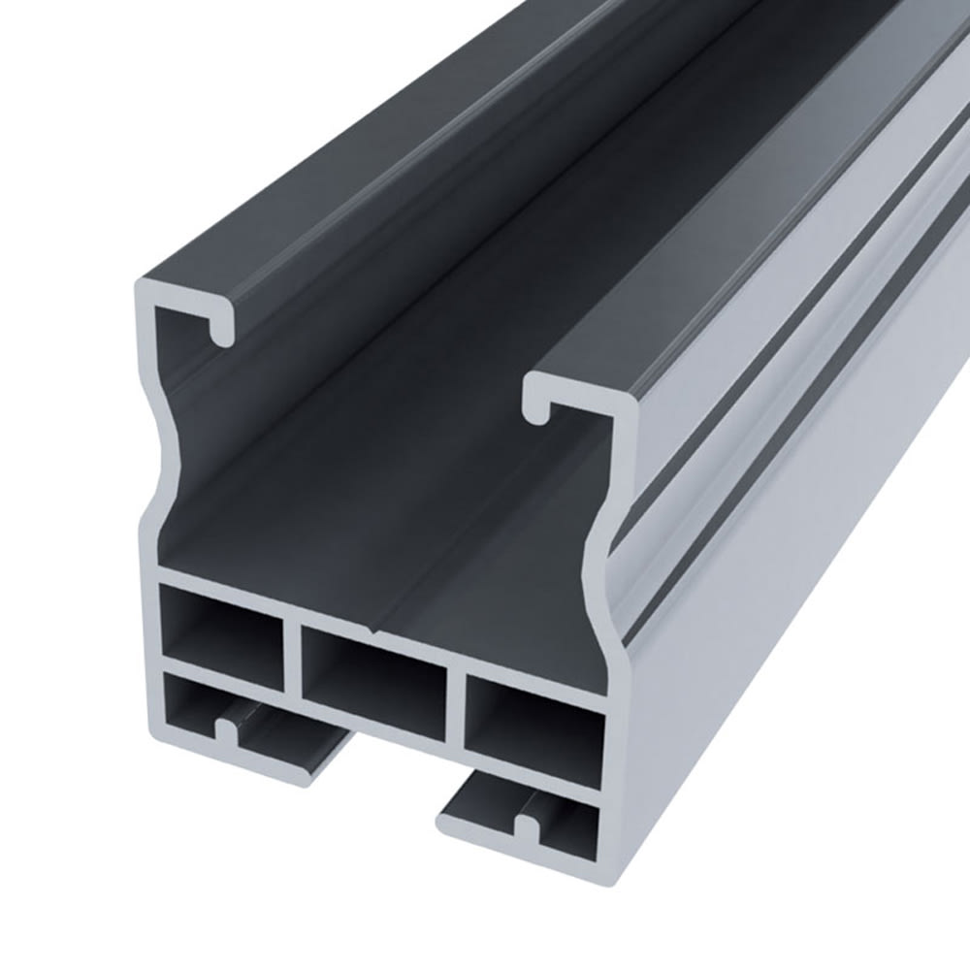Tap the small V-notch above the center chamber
(x=376, y=633)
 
